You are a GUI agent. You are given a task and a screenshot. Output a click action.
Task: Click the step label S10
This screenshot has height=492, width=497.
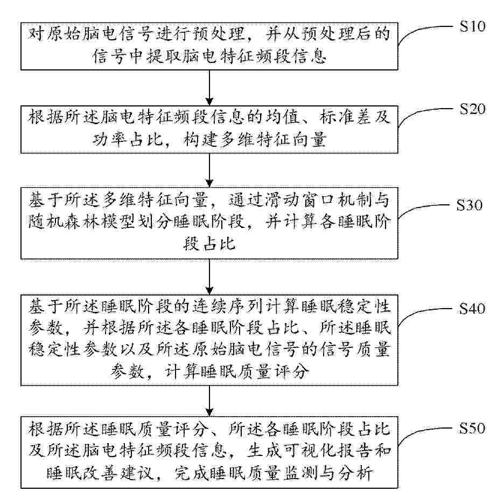pyautogui.click(x=472, y=26)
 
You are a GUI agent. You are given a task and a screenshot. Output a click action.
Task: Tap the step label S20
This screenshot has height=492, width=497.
pyautogui.click(x=472, y=109)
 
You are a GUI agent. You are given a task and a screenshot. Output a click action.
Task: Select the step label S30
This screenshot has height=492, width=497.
pyautogui.click(x=469, y=205)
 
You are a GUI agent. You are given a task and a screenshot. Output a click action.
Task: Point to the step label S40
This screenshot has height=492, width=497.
pyautogui.click(x=472, y=308)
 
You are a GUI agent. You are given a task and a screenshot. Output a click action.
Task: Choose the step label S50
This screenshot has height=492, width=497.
pyautogui.click(x=472, y=428)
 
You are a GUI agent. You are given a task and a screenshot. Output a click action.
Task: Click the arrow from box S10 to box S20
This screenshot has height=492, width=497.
pyautogui.click(x=209, y=88)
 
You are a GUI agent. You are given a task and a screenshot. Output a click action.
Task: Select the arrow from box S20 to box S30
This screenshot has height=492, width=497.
pyautogui.click(x=209, y=170)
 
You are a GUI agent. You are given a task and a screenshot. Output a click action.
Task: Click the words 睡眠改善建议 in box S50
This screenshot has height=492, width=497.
pyautogui.click(x=101, y=473)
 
